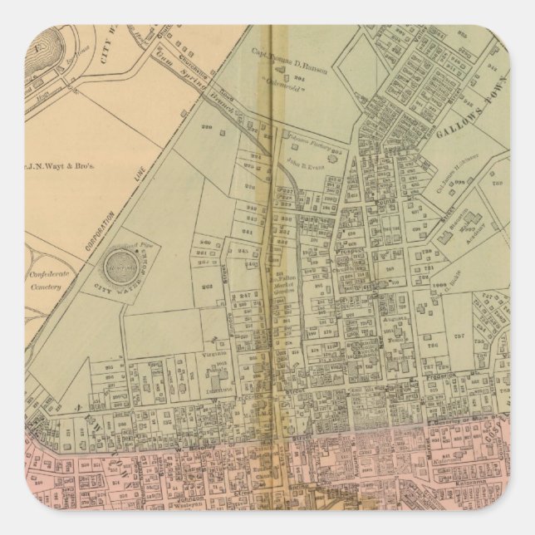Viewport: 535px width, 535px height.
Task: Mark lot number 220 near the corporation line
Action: pyautogui.click(x=209, y=129)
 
